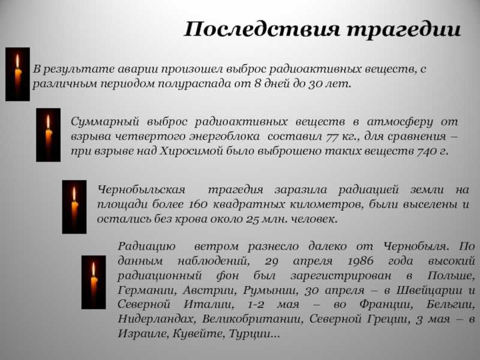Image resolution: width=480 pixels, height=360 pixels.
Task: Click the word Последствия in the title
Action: (x=262, y=29)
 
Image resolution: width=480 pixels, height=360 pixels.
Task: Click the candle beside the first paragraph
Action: (x=17, y=74)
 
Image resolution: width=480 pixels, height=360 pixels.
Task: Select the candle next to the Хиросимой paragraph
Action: (x=48, y=134)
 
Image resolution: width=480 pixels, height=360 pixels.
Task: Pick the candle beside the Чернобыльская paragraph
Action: (x=74, y=207)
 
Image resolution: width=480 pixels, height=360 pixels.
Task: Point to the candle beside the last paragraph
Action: (x=94, y=282)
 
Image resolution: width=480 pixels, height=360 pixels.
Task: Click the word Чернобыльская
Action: (x=142, y=190)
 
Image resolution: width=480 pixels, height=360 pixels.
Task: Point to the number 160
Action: (x=198, y=204)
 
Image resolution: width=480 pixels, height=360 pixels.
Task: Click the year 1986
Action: (x=361, y=261)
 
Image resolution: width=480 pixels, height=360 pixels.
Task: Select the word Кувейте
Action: (x=199, y=334)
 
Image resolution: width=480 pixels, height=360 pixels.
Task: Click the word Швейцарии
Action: (x=429, y=290)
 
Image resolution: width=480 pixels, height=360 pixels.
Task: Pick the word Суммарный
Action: (x=105, y=122)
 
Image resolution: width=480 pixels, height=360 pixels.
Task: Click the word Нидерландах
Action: (x=156, y=319)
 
